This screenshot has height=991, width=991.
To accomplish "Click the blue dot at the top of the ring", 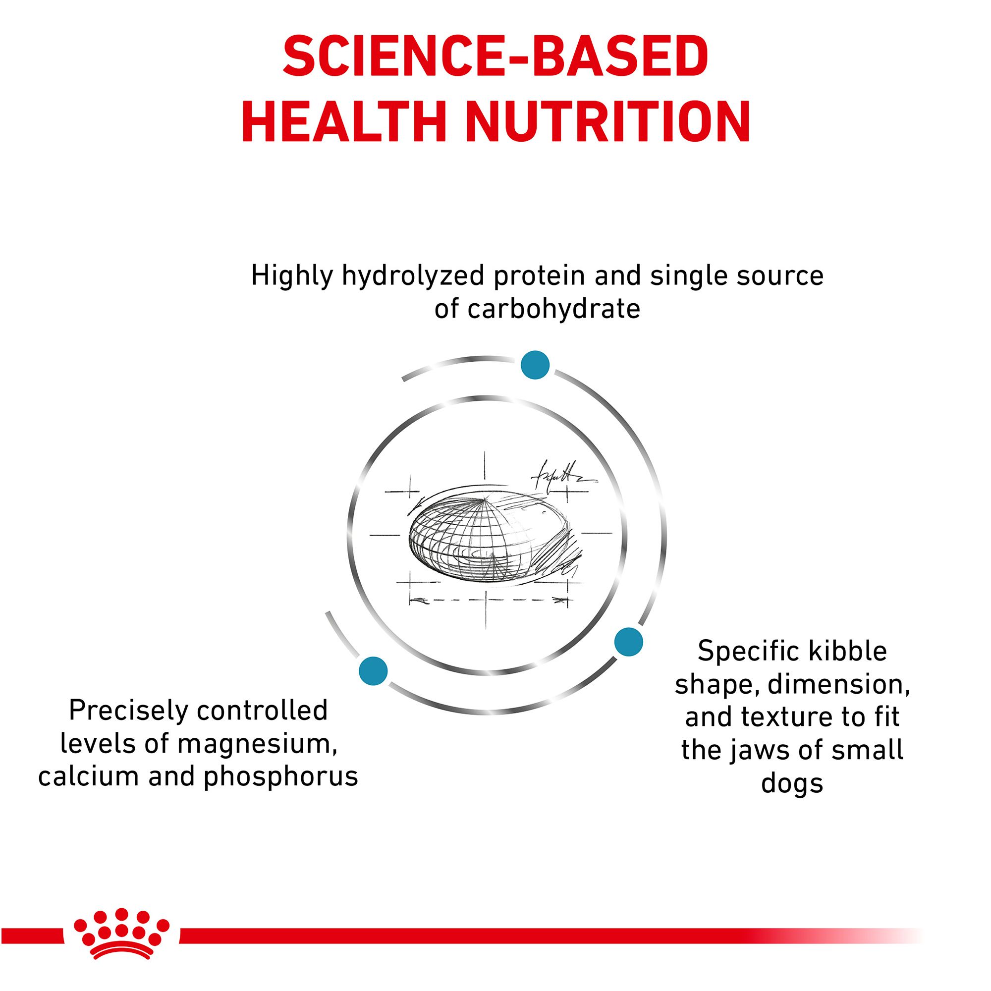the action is (535, 365).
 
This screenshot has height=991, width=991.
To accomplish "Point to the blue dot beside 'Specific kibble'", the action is (628, 642).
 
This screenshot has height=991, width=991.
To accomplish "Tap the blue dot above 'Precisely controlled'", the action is (373, 671).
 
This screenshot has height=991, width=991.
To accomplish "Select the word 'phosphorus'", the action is (280, 776).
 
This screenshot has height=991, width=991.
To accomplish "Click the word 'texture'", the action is (792, 718).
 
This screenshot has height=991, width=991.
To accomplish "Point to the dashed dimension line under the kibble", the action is (490, 600).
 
